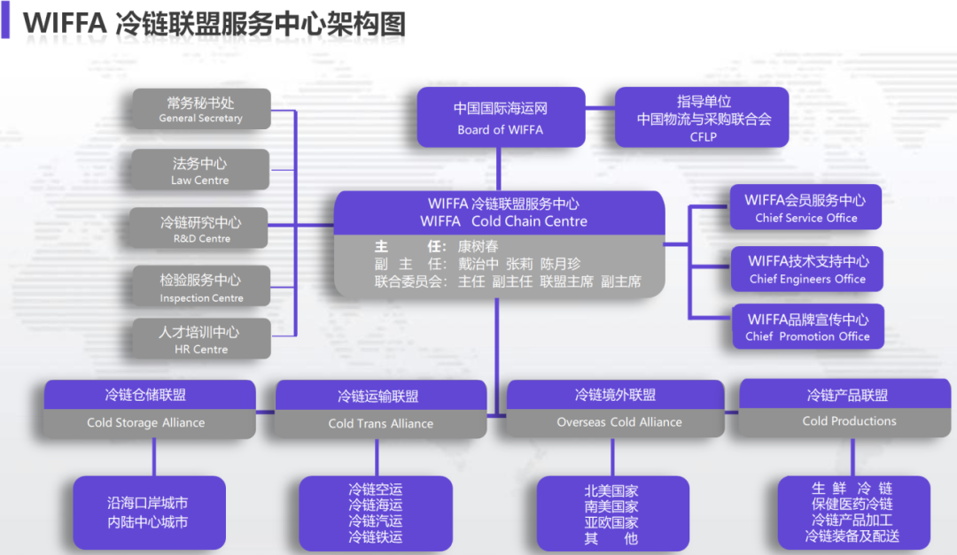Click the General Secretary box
(x=200, y=110)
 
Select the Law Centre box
(x=200, y=170)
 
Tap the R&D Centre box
(x=200, y=228)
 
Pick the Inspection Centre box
(x=200, y=288)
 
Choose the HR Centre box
(x=200, y=339)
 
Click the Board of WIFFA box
(x=501, y=118)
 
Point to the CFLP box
(x=703, y=118)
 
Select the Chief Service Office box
(x=805, y=209)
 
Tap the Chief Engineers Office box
(x=806, y=269)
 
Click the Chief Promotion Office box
(x=806, y=327)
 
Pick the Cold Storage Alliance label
(x=146, y=423)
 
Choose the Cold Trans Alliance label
(x=381, y=424)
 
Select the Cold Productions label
(x=849, y=421)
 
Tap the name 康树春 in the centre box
(x=478, y=247)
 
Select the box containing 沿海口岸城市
(x=148, y=513)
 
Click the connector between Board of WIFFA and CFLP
(x=600, y=108)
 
